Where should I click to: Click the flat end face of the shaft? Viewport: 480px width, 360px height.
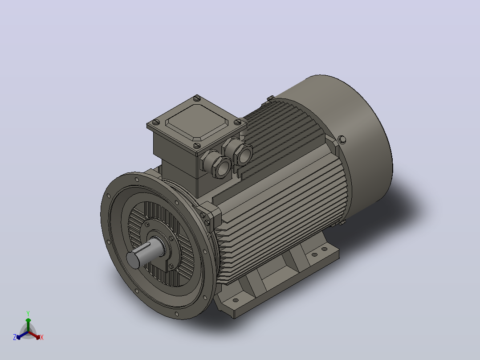pyautogui.click(x=133, y=260)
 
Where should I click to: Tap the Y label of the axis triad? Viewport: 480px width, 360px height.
pyautogui.click(x=28, y=313)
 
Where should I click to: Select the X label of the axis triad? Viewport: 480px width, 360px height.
pyautogui.click(x=42, y=337)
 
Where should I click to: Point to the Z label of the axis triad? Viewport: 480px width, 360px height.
pyautogui.click(x=15, y=337)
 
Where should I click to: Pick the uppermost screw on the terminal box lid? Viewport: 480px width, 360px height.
pyautogui.click(x=197, y=98)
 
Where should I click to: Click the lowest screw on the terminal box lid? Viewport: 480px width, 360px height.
pyautogui.click(x=197, y=146)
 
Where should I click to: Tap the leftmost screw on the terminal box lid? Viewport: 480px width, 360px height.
pyautogui.click(x=156, y=123)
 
